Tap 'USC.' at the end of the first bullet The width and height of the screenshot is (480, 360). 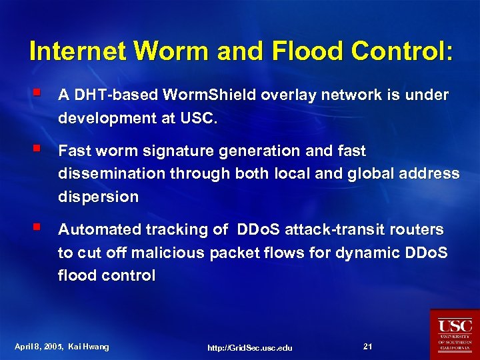[x=199, y=119]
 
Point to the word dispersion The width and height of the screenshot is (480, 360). [x=99, y=197]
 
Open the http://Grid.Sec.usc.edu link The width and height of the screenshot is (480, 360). [x=250, y=347]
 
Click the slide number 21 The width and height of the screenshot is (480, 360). [x=367, y=346]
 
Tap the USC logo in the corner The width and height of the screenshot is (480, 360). [x=454, y=334]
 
